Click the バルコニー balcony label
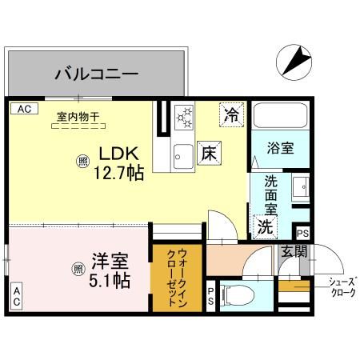click(96, 75)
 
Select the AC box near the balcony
click(23, 108)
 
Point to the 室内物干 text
click(78, 117)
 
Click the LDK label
click(119, 152)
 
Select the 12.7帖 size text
click(119, 171)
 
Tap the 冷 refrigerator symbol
click(231, 114)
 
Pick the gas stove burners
click(184, 118)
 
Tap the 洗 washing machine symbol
click(265, 226)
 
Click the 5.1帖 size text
click(110, 281)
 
